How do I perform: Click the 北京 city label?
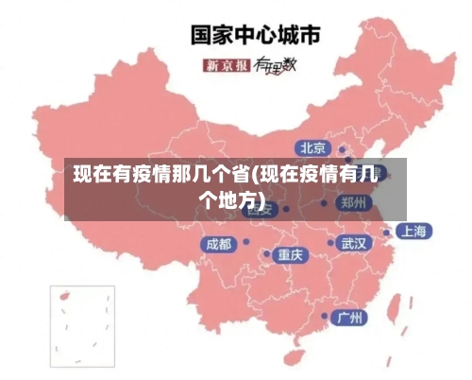[x=312, y=147]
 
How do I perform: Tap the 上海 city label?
[x=413, y=231]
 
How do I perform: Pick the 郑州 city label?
[x=355, y=202]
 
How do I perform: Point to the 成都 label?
[x=217, y=244]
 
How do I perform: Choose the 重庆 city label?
[x=290, y=254]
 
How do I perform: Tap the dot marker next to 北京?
[x=342, y=149]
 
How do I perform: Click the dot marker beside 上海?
[x=386, y=232]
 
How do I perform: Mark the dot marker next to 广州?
[x=325, y=316]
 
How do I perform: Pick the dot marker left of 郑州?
[x=324, y=202]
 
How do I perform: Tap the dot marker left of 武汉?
[x=329, y=243]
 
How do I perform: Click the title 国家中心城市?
[x=256, y=35]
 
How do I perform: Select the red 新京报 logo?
[x=227, y=65]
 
